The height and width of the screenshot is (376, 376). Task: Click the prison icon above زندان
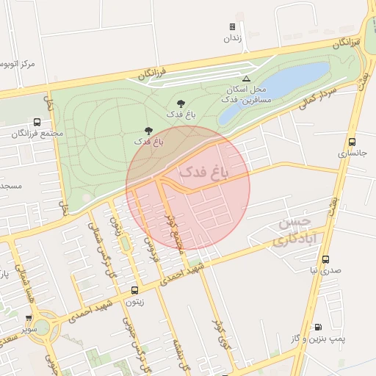click(x=232, y=27)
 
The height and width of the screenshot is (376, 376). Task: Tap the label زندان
click(x=232, y=40)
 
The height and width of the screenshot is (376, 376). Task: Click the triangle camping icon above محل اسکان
click(x=246, y=78)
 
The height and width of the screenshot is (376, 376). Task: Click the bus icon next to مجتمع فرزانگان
click(x=37, y=123)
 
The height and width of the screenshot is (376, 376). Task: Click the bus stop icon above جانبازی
click(x=352, y=142)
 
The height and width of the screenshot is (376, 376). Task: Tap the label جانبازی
click(x=352, y=153)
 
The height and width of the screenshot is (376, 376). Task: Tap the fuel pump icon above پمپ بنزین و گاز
click(x=318, y=327)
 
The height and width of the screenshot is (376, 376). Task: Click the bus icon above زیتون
click(x=134, y=291)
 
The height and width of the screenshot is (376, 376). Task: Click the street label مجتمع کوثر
click(x=175, y=231)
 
